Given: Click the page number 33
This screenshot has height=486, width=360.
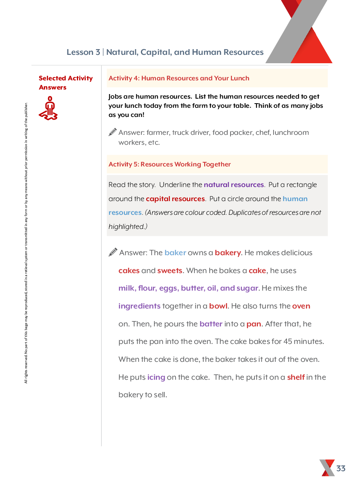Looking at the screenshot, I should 341,468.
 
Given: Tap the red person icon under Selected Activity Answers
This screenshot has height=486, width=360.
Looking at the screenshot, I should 48,109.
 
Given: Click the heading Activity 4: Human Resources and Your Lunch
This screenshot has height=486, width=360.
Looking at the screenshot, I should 179,78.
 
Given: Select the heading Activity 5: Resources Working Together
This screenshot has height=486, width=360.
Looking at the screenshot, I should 170,164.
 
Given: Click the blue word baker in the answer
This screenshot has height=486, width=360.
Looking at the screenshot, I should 175,253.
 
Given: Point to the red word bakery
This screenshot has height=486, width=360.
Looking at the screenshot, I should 228,253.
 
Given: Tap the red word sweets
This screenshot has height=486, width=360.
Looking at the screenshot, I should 170,271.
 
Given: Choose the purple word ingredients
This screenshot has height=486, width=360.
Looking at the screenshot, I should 139,306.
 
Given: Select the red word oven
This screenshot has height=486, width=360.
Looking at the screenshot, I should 301,306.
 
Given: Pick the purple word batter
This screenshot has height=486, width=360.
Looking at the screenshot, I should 211,324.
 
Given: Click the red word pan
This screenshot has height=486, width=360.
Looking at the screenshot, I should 254,324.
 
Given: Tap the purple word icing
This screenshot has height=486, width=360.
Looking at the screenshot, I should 156,377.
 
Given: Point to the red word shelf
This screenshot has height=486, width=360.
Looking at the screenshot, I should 296,377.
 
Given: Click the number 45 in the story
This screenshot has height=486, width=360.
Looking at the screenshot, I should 288,342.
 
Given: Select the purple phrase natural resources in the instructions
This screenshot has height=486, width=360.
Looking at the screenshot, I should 234,185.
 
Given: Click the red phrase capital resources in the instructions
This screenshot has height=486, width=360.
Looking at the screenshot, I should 175,199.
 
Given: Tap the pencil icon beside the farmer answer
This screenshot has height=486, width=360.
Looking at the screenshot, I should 113,132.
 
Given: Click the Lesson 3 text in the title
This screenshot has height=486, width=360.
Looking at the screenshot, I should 83,52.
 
